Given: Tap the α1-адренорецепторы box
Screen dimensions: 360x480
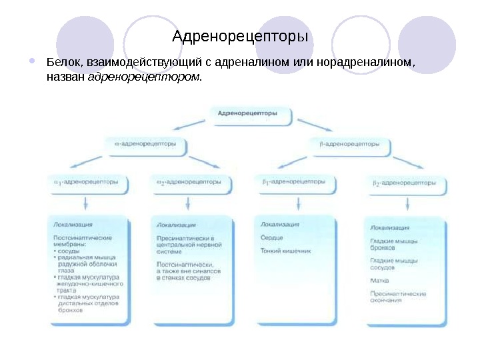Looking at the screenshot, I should click(87, 182).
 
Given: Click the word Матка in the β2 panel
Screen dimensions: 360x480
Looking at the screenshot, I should click(379, 281).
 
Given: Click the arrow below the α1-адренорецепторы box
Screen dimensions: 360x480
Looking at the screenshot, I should click(85, 203).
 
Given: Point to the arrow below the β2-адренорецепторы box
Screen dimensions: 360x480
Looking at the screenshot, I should click(404, 203).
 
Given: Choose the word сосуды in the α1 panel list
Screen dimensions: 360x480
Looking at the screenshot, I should click(69, 250).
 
